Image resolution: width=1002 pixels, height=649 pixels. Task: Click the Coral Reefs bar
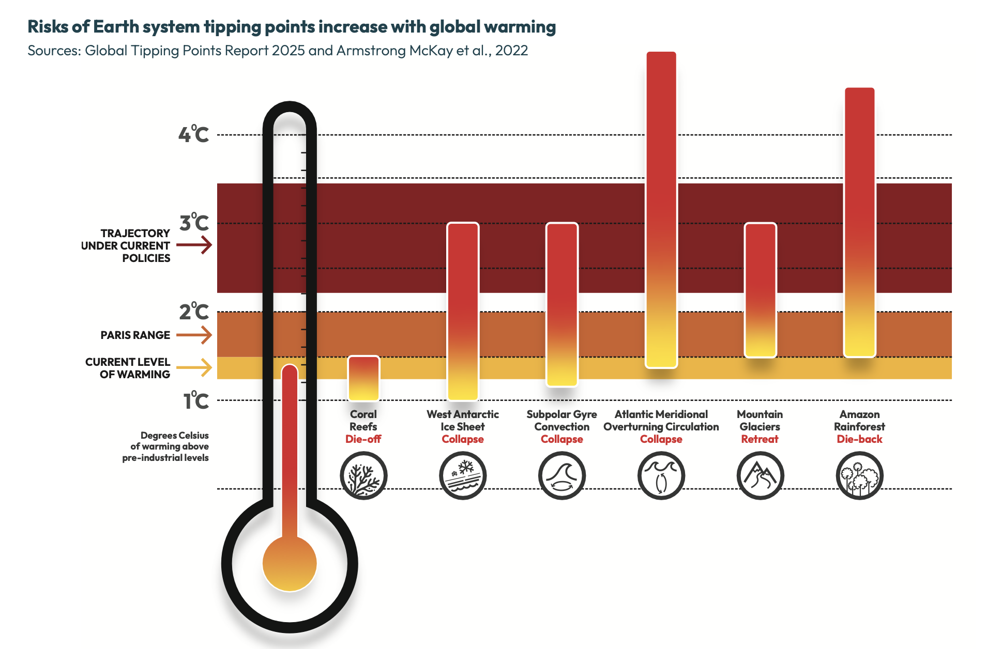[363, 378]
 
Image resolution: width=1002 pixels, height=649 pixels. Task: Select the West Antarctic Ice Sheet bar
[463, 312]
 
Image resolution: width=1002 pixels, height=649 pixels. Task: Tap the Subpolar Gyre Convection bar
[562, 304]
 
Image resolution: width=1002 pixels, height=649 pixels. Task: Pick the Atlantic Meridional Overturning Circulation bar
[661, 209]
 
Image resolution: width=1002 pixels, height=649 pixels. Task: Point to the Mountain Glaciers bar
[760, 290]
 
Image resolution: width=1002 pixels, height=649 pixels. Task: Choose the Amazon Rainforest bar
[859, 222]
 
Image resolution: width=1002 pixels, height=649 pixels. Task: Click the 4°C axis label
[194, 134]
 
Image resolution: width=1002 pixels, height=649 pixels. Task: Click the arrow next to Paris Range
[194, 335]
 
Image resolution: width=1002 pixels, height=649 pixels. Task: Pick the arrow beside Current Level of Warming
[194, 368]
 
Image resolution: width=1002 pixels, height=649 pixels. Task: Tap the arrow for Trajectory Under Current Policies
[194, 245]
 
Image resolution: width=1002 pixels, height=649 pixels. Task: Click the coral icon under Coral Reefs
[363, 475]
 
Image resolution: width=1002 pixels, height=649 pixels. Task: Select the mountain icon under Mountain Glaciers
[760, 475]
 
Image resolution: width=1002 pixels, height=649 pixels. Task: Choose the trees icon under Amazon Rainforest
[859, 475]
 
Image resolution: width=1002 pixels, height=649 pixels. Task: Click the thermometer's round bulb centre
[290, 564]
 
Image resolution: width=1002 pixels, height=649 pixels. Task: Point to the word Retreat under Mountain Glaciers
[760, 439]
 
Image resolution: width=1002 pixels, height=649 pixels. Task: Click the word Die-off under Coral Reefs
[363, 439]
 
